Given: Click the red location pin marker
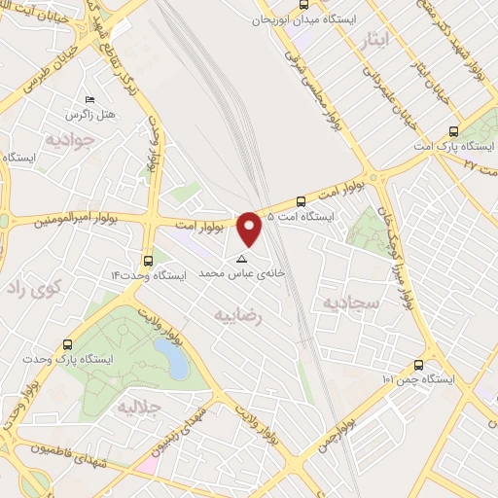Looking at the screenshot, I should pos(249,228).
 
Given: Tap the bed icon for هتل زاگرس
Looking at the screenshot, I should pos(90,100).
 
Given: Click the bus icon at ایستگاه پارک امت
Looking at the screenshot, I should pos(453,132).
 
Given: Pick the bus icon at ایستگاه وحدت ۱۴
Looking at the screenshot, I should pos(148,261).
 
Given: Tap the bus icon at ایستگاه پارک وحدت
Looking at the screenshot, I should pos(67,344).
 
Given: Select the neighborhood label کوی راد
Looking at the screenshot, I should pos(34,288).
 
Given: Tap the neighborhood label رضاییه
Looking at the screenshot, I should pos(238,313).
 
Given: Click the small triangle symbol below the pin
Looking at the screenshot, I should pos(242,260).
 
